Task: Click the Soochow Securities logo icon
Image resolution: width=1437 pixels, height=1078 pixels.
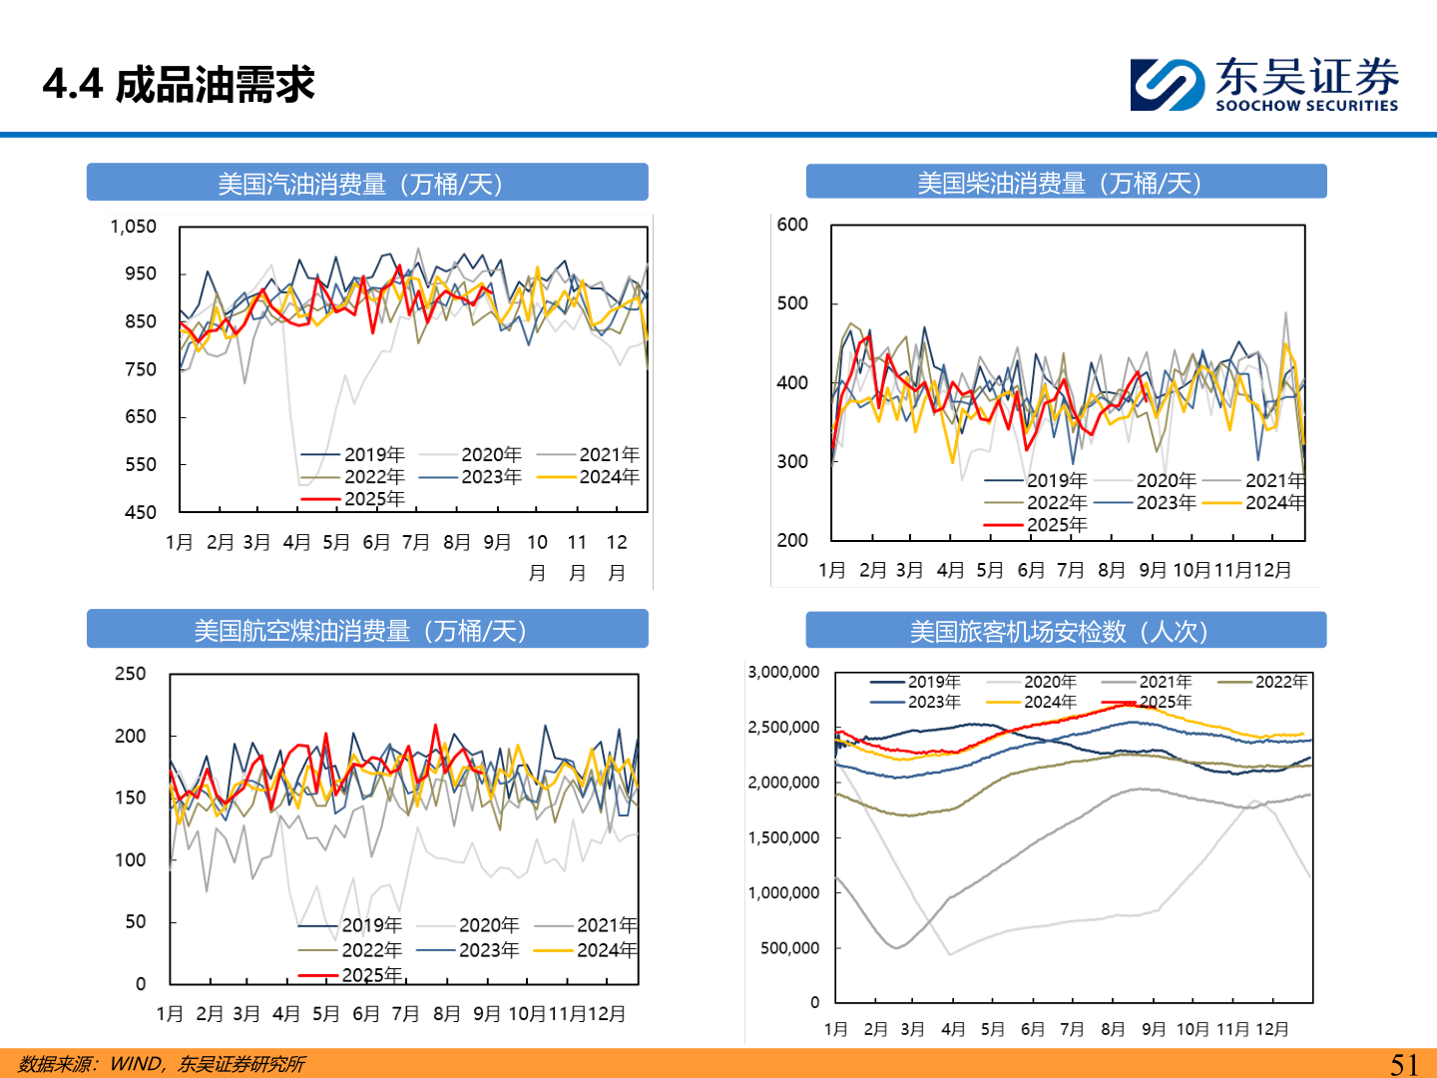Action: click(1167, 85)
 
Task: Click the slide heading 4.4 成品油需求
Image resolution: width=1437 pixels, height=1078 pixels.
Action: click(179, 85)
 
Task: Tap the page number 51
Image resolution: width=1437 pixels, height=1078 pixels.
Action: click(1404, 1064)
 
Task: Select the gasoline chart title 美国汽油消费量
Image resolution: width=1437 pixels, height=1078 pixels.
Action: click(360, 184)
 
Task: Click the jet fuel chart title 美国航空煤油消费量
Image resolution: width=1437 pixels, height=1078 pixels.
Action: click(360, 631)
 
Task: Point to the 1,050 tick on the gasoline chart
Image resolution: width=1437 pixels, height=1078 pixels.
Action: click(133, 227)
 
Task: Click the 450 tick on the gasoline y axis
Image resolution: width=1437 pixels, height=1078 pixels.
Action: click(141, 512)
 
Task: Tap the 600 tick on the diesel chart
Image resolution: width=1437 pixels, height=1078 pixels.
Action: click(792, 225)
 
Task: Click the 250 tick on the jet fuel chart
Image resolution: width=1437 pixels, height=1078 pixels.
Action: click(130, 674)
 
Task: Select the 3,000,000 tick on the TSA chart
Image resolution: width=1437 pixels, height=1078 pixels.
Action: click(783, 673)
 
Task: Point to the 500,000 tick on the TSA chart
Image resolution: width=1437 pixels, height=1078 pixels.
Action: click(789, 948)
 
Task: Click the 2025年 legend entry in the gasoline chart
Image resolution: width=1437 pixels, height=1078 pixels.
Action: click(374, 499)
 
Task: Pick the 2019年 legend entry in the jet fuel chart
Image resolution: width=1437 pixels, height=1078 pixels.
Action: click(371, 925)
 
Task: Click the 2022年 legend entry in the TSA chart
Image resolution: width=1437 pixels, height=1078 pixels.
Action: click(1280, 682)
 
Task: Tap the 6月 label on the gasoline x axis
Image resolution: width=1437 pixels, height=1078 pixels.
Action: click(376, 542)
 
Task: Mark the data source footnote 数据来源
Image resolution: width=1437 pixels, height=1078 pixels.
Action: click(162, 1064)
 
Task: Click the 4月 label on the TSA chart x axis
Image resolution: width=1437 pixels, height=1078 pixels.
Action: click(953, 1029)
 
